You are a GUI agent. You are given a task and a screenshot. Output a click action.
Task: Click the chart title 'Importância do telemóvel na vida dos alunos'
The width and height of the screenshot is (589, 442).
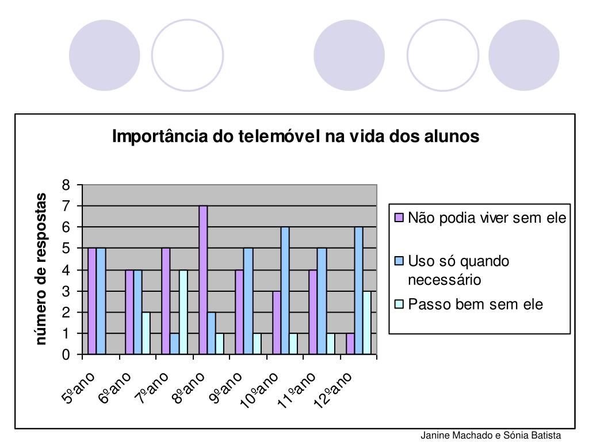[x=295, y=137]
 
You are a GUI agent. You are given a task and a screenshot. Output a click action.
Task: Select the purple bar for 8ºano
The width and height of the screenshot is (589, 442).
[x=203, y=280]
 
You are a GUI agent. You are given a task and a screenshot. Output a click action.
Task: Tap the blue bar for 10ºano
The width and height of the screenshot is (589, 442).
[x=285, y=291]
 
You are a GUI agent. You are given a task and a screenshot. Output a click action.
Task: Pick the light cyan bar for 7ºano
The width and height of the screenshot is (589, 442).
[x=183, y=312]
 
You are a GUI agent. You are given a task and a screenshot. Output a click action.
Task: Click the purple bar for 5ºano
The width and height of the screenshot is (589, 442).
[x=92, y=301]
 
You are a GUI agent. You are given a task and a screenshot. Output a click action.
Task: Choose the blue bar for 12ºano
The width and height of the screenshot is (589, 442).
[x=359, y=291]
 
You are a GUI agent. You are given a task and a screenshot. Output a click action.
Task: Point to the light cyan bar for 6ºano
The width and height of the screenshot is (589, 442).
[x=147, y=333]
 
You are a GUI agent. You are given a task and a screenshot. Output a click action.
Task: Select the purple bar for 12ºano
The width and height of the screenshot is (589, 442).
[x=350, y=344]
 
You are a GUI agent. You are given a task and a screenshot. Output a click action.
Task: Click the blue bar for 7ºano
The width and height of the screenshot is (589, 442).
[x=175, y=344]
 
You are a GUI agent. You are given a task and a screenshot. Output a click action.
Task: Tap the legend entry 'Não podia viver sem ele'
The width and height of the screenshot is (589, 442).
[x=487, y=218]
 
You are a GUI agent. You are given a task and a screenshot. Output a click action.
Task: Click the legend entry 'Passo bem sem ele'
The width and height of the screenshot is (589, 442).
[x=475, y=304]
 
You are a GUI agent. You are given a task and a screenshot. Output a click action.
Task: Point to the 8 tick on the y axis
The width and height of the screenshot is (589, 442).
[x=66, y=185]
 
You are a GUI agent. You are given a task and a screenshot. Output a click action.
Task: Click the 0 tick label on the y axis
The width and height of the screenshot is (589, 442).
[x=66, y=355]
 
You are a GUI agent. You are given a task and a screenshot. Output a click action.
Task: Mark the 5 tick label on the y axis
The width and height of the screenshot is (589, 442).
[x=66, y=249]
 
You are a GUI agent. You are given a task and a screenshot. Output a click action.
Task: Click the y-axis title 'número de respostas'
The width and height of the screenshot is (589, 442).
[x=41, y=269]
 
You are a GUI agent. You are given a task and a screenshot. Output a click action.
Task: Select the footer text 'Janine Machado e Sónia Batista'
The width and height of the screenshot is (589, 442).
[x=490, y=435]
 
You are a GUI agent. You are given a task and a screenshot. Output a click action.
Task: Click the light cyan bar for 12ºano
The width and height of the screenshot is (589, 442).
[x=367, y=322]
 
